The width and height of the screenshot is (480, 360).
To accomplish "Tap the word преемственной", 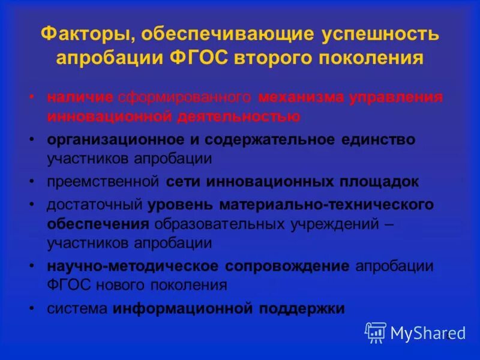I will (103, 181).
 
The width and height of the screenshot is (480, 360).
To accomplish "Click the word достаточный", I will (95, 205).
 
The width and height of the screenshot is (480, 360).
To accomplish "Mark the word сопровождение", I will (287, 266).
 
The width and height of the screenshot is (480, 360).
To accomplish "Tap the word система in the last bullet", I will (77, 308).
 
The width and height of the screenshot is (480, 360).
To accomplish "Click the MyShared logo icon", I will (376, 332).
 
